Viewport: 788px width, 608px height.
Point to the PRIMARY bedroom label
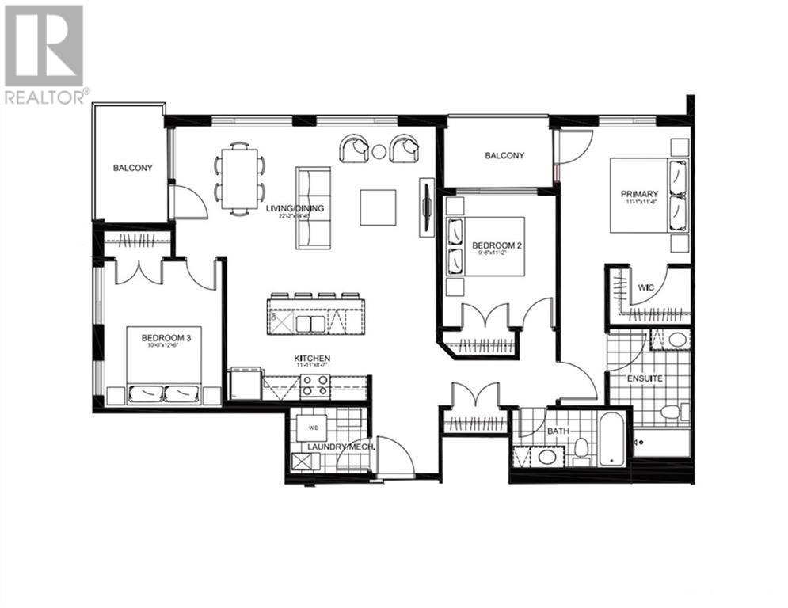(x=639, y=194)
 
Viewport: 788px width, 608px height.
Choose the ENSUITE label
(x=646, y=378)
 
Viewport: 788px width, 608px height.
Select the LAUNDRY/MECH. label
(x=341, y=446)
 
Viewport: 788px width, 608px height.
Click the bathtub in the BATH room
(x=611, y=439)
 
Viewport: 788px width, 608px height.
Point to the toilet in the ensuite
(x=672, y=411)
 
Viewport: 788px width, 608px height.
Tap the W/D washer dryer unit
(x=314, y=428)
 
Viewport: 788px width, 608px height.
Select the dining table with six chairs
(x=239, y=176)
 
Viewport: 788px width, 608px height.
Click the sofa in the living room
(x=313, y=208)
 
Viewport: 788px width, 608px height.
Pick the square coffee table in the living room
(x=378, y=207)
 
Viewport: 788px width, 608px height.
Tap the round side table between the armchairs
(x=379, y=150)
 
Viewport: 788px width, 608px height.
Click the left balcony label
(x=132, y=168)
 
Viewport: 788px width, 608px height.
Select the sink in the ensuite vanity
(x=676, y=341)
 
